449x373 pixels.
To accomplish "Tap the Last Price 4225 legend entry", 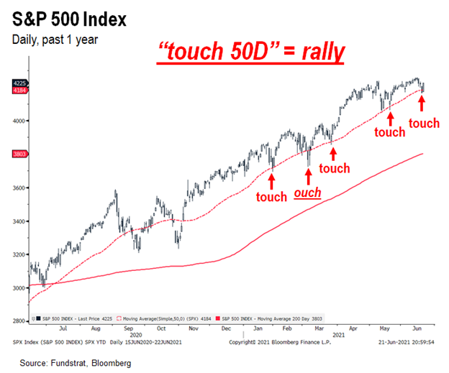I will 71,316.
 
